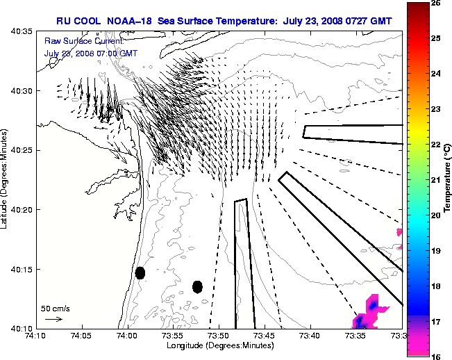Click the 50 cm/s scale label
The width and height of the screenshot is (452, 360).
(x=55, y=308)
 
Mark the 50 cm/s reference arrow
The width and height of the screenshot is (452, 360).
(x=53, y=319)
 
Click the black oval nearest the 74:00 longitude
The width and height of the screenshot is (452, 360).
(x=140, y=272)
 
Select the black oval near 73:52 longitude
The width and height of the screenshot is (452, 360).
(x=197, y=286)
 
